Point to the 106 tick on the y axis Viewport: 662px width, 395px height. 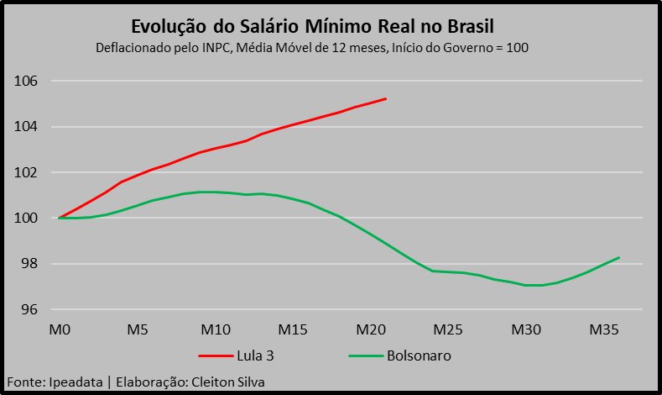(28, 82)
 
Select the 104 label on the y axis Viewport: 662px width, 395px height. (28, 127)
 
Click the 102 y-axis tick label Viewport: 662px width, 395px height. (28, 173)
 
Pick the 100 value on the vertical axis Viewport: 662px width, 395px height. (28, 219)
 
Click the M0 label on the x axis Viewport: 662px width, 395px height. (60, 329)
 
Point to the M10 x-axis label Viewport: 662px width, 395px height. (216, 329)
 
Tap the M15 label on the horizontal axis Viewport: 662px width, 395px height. (294, 329)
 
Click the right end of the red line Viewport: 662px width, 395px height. (386, 98)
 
